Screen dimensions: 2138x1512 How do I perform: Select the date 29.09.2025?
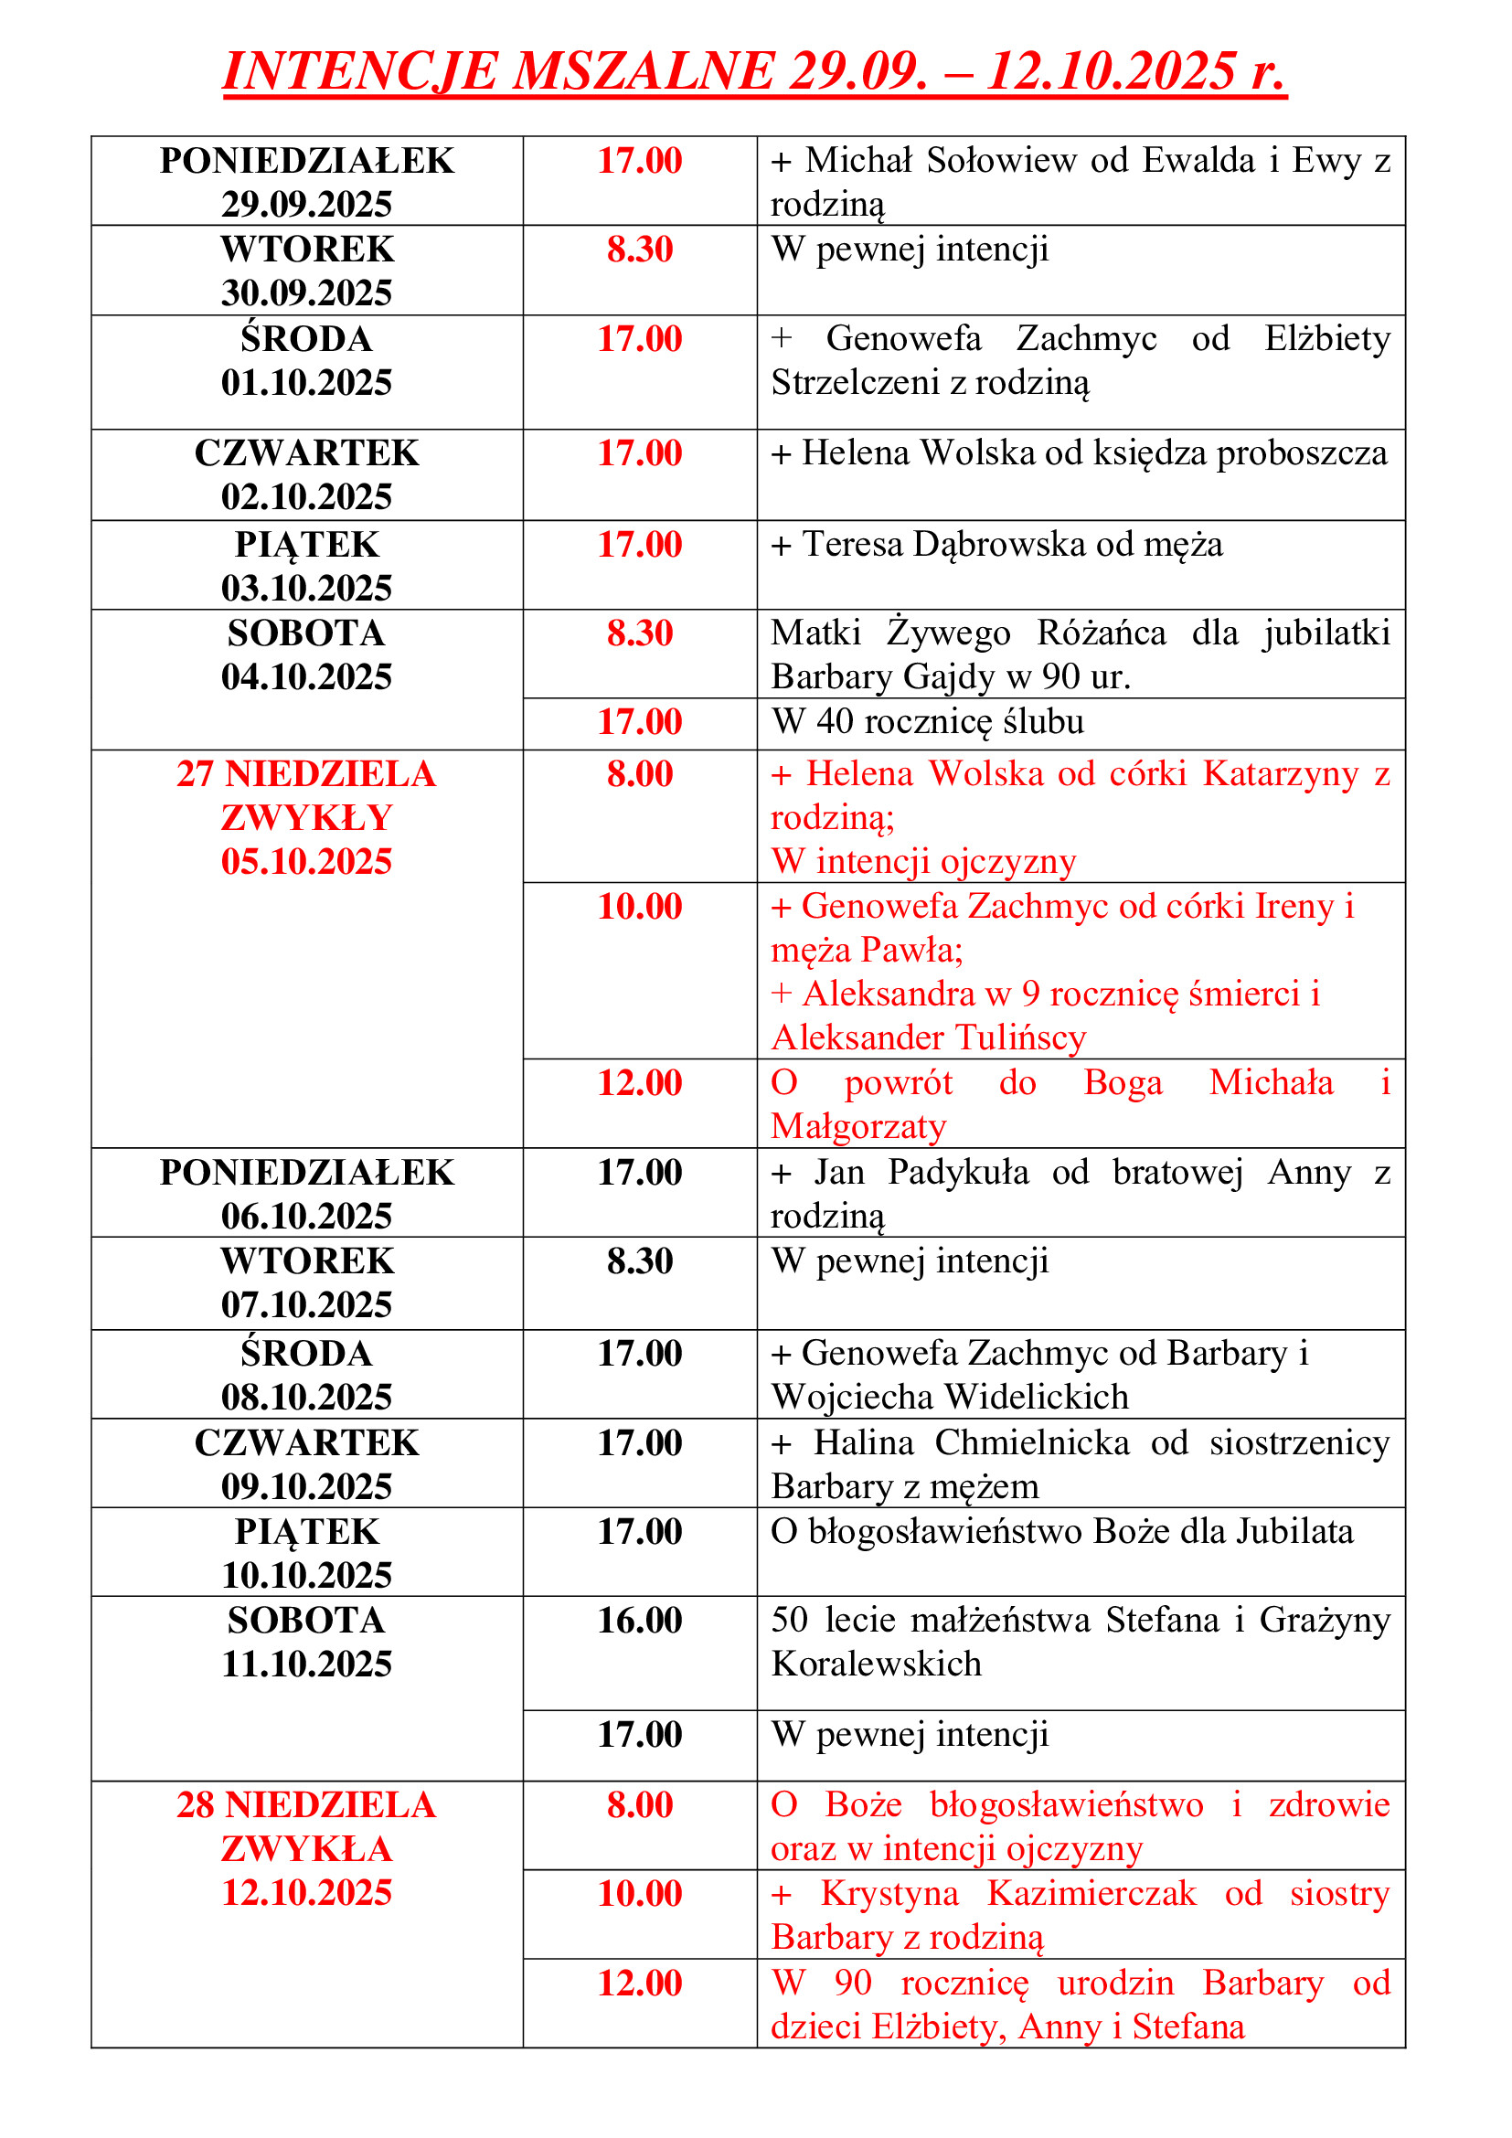306,204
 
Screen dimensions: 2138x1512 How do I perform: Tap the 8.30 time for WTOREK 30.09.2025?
640,250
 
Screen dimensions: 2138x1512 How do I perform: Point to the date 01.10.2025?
306,383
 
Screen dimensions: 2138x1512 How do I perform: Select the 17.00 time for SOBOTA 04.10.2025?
640,722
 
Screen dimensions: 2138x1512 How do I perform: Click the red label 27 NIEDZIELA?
306,774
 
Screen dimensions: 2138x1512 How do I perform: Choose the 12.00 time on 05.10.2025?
640,1083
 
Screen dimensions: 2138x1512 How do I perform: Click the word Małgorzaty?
858,1127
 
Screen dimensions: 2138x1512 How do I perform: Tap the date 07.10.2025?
306,1304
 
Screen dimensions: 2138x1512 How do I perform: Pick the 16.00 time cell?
640,1621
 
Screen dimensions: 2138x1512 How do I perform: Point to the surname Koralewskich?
876,1663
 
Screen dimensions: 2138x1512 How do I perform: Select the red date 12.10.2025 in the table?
306,1892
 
